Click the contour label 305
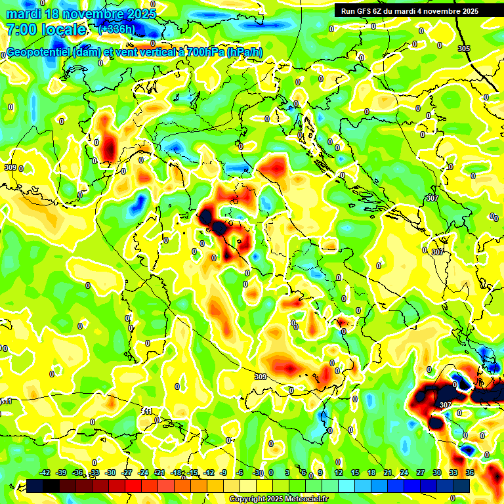click(464, 49)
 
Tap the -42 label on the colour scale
click(45, 472)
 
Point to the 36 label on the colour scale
click(469, 472)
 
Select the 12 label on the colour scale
click(338, 472)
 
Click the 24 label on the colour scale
click(404, 472)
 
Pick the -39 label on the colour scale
click(62, 472)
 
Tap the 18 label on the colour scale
click(371, 472)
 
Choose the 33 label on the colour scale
click(453, 472)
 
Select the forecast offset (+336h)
click(116, 30)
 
